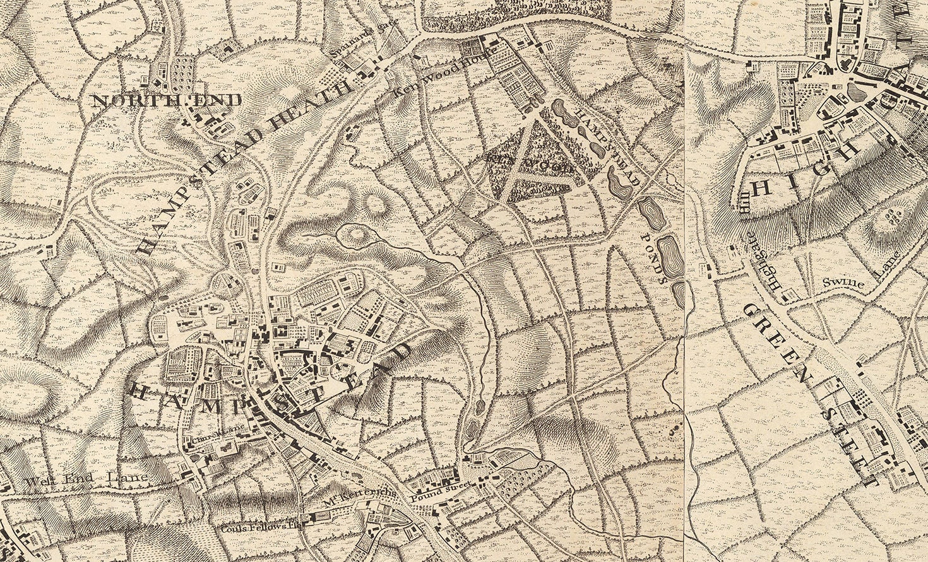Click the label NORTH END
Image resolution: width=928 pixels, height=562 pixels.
pos(167,100)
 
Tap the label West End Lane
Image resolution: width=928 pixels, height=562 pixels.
pos(87,480)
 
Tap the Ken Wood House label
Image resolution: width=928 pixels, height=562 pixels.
pos(425,83)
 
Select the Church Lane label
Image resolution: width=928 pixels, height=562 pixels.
pos(212,433)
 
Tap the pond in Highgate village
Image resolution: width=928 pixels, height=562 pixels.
pos(857,92)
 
